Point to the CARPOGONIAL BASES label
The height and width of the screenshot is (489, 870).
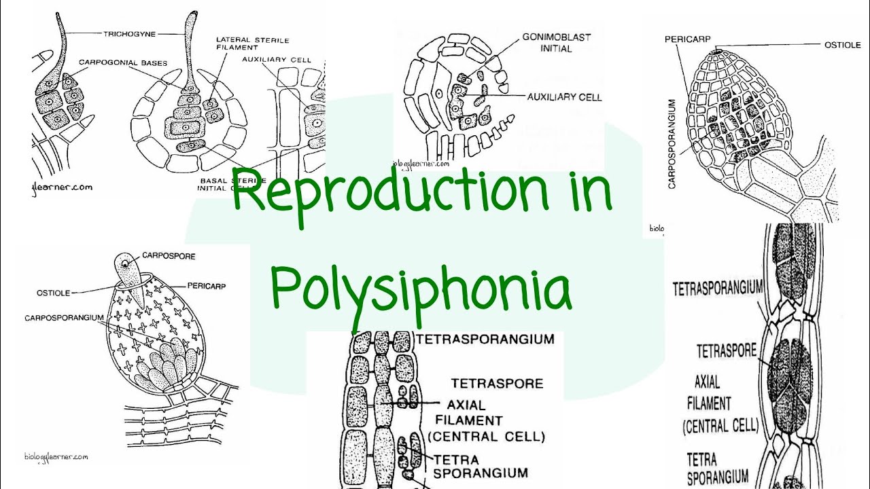coord(122,62)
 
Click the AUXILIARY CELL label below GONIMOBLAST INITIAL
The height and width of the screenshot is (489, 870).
coord(564,97)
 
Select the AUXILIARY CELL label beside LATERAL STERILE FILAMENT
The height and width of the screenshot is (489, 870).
coord(277,60)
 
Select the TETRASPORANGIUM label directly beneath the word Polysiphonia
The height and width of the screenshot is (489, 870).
coord(485,339)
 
